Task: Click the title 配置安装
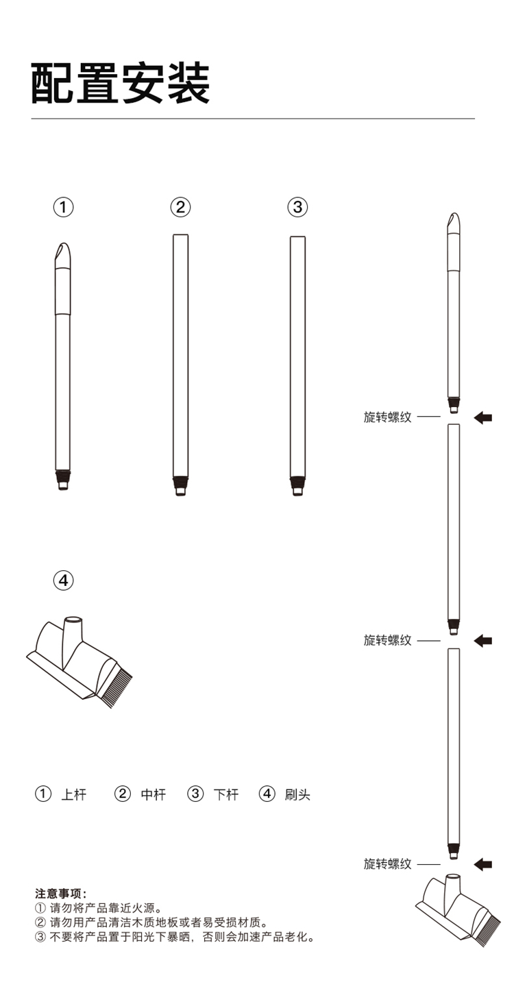[121, 84]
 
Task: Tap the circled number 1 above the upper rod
[63, 208]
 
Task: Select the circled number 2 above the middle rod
[181, 208]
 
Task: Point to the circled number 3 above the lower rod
[297, 208]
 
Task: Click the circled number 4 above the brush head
[63, 580]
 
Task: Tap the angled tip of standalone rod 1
[63, 254]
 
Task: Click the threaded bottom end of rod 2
[181, 486]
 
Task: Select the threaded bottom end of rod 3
[297, 486]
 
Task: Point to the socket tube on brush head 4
[73, 632]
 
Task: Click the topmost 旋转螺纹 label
[387, 417]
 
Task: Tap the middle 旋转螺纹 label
[387, 641]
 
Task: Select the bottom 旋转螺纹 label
[387, 864]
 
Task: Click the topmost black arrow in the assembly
[483, 418]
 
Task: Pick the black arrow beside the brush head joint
[483, 864]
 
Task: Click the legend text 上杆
[73, 795]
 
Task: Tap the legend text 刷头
[297, 795]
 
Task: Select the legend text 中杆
[154, 795]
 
